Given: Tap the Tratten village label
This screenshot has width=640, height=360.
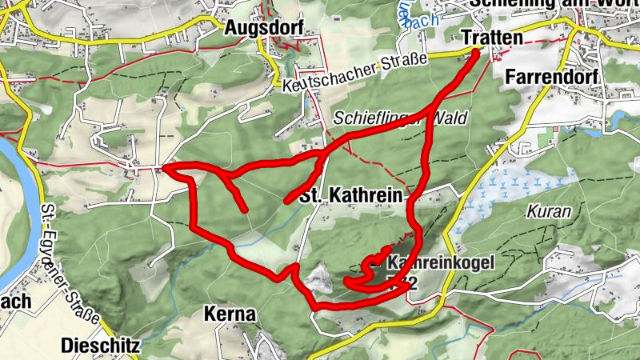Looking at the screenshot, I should click(492, 38).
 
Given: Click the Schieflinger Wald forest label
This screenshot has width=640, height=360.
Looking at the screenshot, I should click(400, 118).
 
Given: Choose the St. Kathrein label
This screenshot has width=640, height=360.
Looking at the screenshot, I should click(352, 196).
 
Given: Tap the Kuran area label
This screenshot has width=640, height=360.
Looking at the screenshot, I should click(549, 213).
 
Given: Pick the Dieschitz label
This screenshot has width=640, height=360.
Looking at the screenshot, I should click(101, 346).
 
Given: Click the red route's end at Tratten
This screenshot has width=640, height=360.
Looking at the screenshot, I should click(477, 52).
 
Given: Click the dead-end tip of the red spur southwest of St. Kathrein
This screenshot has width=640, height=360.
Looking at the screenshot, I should click(245, 210).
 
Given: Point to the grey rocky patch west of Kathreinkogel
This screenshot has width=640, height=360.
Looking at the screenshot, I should click(318, 278).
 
